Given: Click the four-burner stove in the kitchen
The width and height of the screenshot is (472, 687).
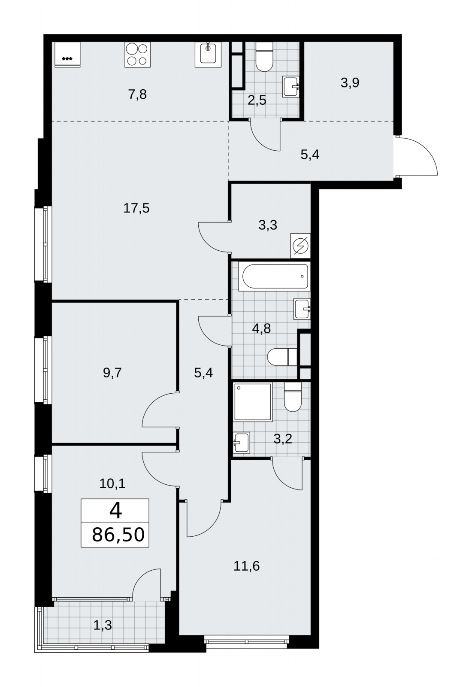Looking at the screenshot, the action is tap(138, 55).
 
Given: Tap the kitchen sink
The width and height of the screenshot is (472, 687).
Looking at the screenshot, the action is tap(208, 55).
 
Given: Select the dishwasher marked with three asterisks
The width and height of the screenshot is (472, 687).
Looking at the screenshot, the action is tap(67, 54).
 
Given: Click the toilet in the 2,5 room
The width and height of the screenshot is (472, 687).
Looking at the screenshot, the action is tap(264, 57).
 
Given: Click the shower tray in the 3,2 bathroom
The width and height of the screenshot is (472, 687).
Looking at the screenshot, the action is tap(253, 402).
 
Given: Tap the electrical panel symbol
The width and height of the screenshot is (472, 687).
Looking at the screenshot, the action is tap(300, 246).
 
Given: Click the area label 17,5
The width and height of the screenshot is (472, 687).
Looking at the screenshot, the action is tap(136, 208).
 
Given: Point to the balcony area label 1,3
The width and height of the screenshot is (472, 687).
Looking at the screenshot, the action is tap(103, 625).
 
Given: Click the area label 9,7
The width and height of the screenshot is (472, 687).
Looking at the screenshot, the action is tap(112, 373).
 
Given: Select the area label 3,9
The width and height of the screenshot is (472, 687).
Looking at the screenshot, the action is tap(350, 82).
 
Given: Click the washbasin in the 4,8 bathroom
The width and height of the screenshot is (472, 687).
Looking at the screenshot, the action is tap(302, 309).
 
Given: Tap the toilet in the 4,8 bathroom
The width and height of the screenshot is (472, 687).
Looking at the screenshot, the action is tap(282, 357).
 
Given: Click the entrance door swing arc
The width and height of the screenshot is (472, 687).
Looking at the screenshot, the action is tap(424, 150).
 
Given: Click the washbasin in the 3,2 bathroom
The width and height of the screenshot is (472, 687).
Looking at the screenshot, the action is tap(241, 442).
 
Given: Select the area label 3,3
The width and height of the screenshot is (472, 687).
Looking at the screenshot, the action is tap(268, 225).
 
